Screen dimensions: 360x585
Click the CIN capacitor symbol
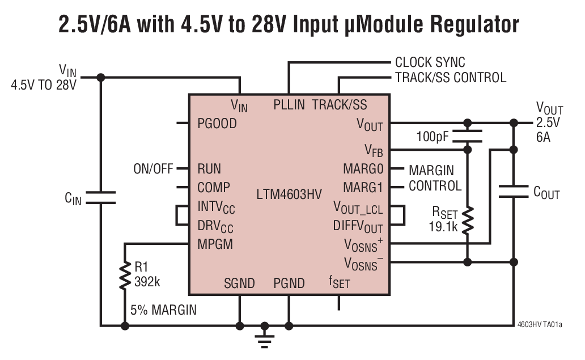tap(101, 197)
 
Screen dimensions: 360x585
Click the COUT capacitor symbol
tap(514, 190)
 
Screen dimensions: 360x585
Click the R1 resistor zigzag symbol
tap(125, 276)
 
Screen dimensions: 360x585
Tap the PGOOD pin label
tap(217, 123)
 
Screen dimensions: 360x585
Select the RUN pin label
tap(209, 169)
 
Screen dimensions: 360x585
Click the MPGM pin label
tap(215, 244)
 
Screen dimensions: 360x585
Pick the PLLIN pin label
tap(289, 105)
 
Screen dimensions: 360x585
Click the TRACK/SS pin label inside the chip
tap(340, 105)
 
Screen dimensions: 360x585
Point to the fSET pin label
tap(339, 282)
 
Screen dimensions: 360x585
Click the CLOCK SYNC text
tap(430, 62)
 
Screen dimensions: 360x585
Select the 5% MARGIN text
tap(163, 311)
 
